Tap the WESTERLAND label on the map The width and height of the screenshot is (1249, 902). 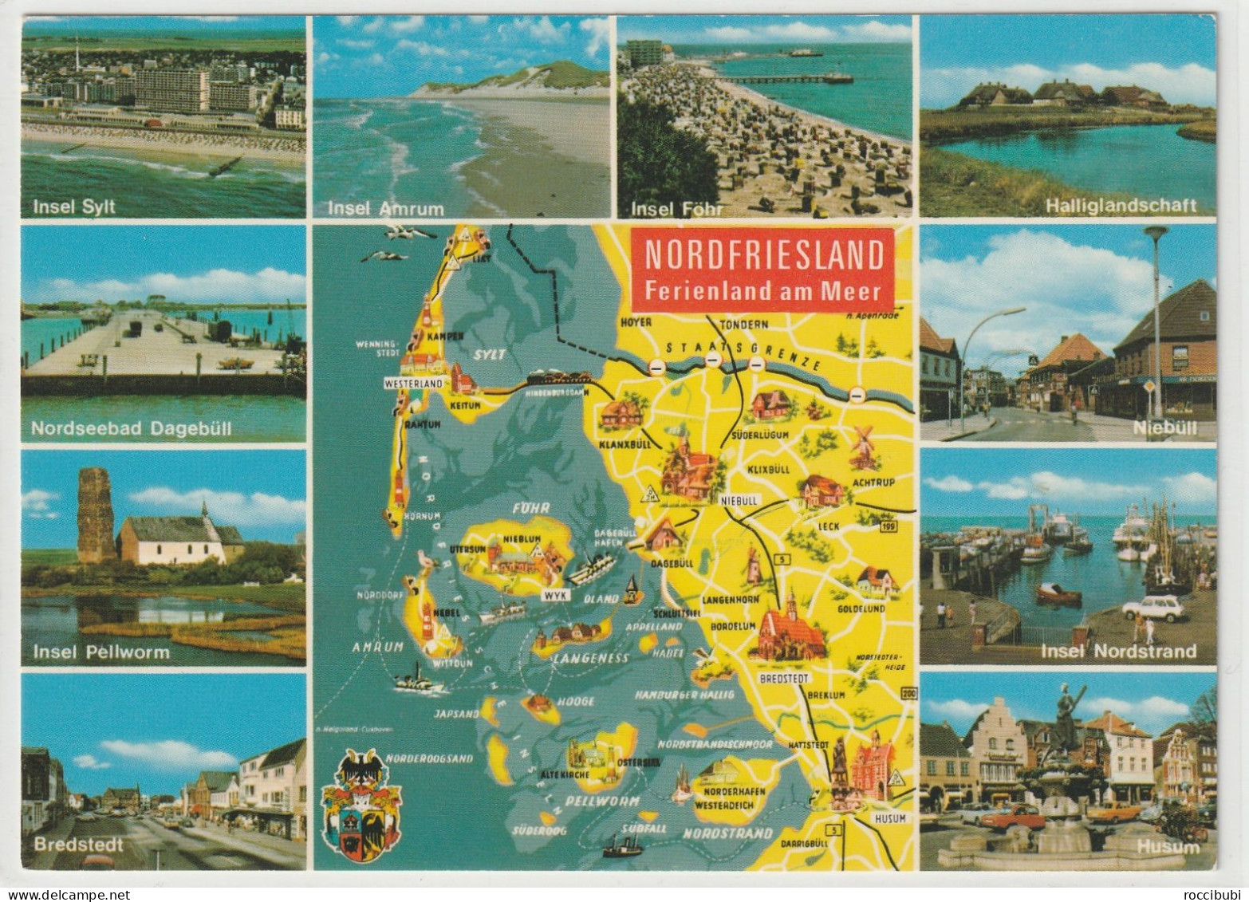413,383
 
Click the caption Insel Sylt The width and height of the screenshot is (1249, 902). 74,207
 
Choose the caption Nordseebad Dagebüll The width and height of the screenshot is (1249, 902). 131,428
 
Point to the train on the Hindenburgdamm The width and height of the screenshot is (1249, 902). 558,377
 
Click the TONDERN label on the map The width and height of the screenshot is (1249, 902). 743,325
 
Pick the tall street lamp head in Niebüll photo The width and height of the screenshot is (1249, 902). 1155,232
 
